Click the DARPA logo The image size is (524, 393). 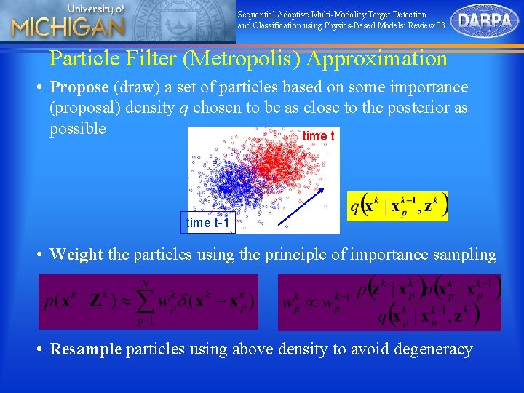[485, 21]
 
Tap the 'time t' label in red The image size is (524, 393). [318, 136]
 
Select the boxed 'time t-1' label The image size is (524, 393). [208, 223]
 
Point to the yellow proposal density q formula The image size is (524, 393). [397, 206]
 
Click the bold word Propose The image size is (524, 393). [80, 87]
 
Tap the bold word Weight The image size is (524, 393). [76, 255]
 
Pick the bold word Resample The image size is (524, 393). [86, 349]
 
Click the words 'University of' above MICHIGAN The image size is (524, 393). [97, 9]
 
